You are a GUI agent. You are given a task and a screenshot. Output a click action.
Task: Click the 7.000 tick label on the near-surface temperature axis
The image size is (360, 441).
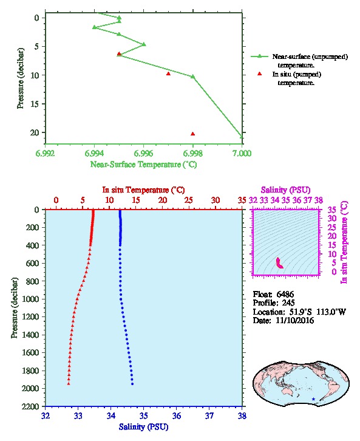click(242, 153)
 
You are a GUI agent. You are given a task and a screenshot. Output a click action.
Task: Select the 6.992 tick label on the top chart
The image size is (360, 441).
click(46, 153)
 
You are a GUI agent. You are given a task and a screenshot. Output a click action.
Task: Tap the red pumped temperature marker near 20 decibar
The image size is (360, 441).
click(193, 134)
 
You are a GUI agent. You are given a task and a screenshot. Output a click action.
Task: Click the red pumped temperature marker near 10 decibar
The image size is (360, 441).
click(168, 73)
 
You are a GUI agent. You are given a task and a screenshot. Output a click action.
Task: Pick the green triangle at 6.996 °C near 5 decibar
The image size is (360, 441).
click(144, 44)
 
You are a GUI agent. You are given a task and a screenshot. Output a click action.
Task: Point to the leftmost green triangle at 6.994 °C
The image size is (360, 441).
click(95, 27)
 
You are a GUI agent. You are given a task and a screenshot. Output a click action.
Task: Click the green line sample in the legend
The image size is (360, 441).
click(259, 56)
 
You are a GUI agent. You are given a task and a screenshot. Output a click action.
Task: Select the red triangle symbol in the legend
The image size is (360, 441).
click(260, 73)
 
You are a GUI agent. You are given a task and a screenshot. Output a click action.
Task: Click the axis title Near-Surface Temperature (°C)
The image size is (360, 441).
click(143, 165)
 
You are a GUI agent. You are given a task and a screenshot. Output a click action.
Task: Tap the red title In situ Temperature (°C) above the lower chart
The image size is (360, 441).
click(143, 190)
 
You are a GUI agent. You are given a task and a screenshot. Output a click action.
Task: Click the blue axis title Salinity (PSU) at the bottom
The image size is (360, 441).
click(143, 427)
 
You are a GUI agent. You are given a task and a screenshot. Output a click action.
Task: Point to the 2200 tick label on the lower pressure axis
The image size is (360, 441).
click(30, 406)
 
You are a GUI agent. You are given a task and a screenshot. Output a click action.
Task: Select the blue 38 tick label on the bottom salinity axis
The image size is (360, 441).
click(242, 415)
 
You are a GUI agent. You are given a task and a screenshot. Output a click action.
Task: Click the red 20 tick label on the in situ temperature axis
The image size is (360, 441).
click(163, 200)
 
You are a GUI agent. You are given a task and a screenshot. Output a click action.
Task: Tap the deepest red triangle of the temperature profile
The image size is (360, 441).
click(69, 384)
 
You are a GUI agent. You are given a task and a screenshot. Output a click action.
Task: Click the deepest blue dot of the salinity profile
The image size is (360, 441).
click(132, 384)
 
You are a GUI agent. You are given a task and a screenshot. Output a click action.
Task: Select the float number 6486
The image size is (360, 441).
click(285, 295)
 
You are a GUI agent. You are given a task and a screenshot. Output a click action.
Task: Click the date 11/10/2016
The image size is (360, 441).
click(295, 320)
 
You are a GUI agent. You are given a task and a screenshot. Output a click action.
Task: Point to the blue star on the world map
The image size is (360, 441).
click(313, 399)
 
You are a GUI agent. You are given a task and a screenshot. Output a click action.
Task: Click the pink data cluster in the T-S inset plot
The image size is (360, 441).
click(279, 263)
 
